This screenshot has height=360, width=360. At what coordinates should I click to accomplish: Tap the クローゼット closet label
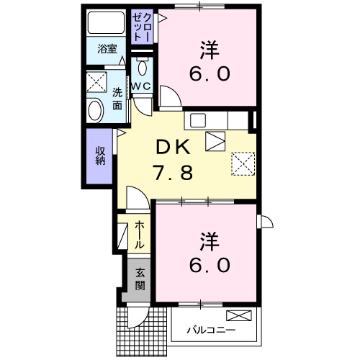(140, 27)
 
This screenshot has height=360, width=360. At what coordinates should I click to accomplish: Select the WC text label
(141, 86)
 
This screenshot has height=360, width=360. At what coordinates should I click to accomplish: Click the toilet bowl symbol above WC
(142, 68)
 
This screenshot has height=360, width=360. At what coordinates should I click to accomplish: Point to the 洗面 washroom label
(117, 97)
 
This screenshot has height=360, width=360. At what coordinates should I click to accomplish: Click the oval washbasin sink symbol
(94, 110)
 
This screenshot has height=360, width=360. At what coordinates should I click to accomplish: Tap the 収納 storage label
(101, 156)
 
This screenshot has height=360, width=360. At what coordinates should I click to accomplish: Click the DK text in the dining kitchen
(172, 148)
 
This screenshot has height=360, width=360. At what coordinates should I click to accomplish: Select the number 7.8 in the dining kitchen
(172, 173)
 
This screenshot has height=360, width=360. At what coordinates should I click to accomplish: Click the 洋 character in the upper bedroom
(209, 49)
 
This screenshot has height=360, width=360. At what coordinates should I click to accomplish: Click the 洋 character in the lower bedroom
(209, 239)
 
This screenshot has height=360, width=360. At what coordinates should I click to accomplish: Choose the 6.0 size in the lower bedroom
(209, 264)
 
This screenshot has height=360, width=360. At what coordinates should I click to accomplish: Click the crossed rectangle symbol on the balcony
(240, 315)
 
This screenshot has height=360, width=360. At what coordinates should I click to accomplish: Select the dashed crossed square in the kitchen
(243, 163)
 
